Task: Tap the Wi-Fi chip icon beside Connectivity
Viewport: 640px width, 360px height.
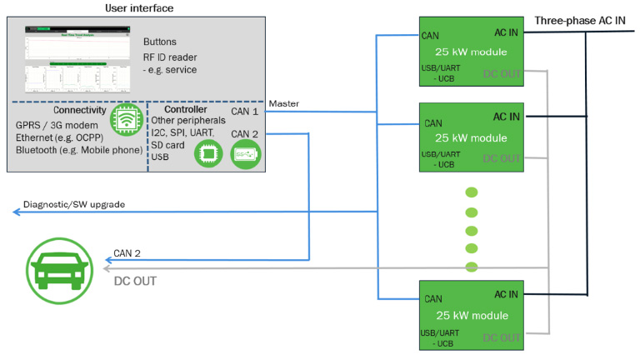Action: (123, 120)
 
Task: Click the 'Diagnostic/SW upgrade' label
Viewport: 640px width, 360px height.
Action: (74, 204)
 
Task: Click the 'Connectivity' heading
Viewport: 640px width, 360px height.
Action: (79, 110)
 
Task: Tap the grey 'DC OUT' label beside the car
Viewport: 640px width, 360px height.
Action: (135, 281)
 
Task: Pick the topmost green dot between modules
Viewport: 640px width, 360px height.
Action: (472, 192)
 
